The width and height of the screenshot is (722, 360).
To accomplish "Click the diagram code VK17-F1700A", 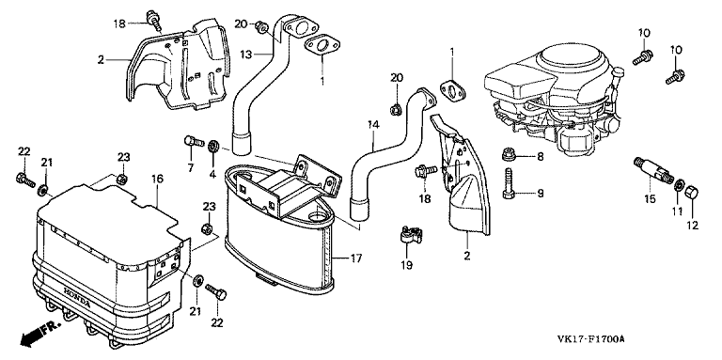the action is [590, 339].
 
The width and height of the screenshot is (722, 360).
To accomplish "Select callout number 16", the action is [158, 180].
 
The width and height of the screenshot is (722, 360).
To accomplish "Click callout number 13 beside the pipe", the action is [246, 55].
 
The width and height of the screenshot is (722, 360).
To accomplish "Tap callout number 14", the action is [373, 124].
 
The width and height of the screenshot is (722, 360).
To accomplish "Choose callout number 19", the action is [406, 265].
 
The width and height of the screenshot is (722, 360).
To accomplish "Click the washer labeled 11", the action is [679, 186].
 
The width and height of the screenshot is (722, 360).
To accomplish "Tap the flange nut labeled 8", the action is [509, 155].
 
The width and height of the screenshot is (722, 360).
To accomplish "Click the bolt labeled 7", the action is [194, 140].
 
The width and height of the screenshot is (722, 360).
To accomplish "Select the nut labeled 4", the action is [213, 147].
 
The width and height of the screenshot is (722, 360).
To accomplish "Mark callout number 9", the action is [541, 194].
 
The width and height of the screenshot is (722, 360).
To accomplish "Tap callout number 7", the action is [191, 167].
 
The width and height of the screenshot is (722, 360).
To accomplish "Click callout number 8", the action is [540, 157].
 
